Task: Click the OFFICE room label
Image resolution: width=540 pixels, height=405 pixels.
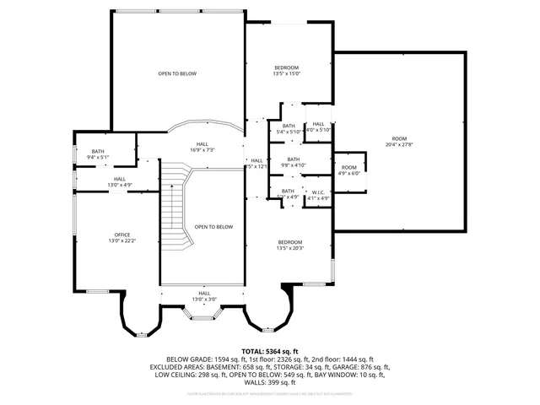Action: [x=122, y=235]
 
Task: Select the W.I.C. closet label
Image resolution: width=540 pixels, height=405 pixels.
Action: [x=318, y=192]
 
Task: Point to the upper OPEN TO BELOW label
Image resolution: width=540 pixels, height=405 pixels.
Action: [x=177, y=74]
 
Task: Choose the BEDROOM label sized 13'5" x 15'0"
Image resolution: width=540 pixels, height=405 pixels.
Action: [x=286, y=67]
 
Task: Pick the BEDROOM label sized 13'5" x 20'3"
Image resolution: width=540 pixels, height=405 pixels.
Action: [x=290, y=241]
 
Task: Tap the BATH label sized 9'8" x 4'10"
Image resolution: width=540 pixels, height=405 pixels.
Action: [x=294, y=159]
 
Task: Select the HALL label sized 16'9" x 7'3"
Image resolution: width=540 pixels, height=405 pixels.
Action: [x=202, y=143]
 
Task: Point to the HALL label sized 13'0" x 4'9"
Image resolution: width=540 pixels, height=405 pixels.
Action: [x=120, y=179]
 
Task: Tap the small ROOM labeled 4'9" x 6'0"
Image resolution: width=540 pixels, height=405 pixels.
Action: [x=349, y=168]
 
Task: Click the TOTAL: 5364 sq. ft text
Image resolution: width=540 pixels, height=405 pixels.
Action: [x=270, y=351]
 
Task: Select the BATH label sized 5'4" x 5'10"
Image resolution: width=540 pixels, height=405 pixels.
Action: [x=289, y=127]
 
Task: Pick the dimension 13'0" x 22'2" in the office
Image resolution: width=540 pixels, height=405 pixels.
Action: [x=122, y=241]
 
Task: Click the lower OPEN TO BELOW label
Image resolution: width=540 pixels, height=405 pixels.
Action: [x=213, y=226]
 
